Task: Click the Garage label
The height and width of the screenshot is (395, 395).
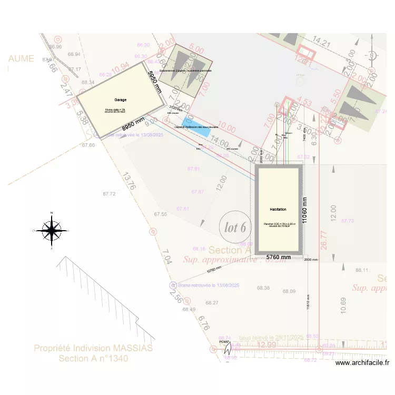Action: [x=121, y=100]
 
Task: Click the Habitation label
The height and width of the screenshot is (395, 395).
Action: [x=278, y=210]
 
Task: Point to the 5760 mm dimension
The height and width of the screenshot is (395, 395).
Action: [x=279, y=257]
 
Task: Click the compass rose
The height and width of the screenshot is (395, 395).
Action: [x=51, y=231]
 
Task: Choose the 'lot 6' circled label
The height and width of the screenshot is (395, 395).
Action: [x=235, y=228]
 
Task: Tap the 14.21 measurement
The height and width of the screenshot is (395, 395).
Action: [x=321, y=41]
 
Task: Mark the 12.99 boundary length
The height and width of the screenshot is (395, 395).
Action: [x=267, y=344]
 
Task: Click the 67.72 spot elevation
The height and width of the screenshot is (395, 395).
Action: [x=109, y=194]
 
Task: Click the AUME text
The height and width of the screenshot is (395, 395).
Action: [x=21, y=58]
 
